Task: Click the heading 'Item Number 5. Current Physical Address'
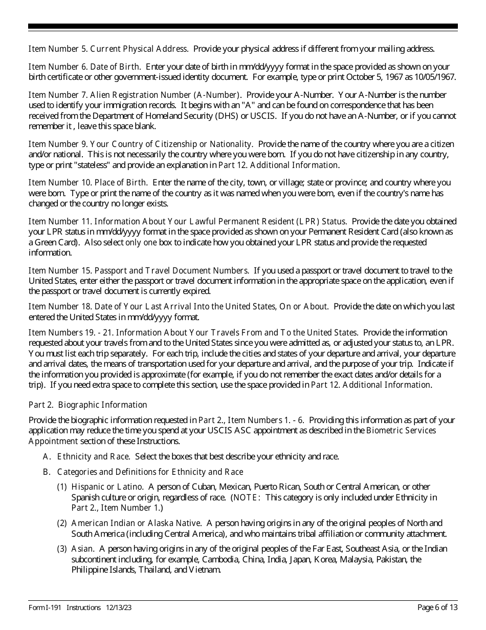107,49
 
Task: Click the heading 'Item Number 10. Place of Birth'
88,182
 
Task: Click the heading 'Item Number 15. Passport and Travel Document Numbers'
138,270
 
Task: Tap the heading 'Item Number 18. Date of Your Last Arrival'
178,306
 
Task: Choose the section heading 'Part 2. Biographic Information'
87,405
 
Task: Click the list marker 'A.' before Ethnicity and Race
47,456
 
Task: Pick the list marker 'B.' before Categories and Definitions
47,472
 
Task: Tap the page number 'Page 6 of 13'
437,607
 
